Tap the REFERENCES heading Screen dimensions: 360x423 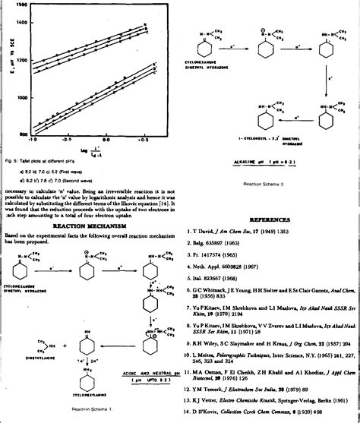coord(269,219)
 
